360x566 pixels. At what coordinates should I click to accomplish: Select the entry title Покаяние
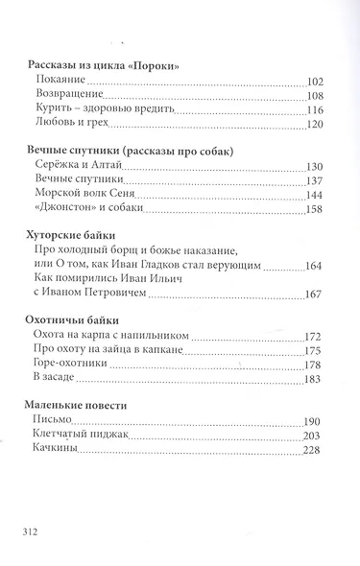60,81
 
